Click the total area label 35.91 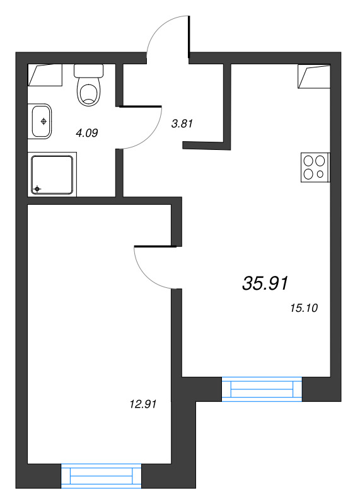(x=265, y=283)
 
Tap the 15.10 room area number (x=304, y=308)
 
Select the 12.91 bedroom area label (x=143, y=404)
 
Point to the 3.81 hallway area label (x=182, y=123)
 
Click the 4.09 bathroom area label (x=86, y=133)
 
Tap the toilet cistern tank (x=88, y=71)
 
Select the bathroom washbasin (x=42, y=121)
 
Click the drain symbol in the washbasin (x=44, y=121)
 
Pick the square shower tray (x=52, y=175)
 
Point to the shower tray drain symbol (x=37, y=188)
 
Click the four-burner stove (x=315, y=168)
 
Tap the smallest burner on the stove (x=320, y=175)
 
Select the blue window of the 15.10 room (x=262, y=389)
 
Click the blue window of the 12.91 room (x=101, y=476)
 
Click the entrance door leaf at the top (x=189, y=37)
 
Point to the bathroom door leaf (x=140, y=106)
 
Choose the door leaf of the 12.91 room (x=155, y=246)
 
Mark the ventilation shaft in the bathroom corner (x=45, y=75)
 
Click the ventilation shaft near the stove (x=314, y=76)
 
